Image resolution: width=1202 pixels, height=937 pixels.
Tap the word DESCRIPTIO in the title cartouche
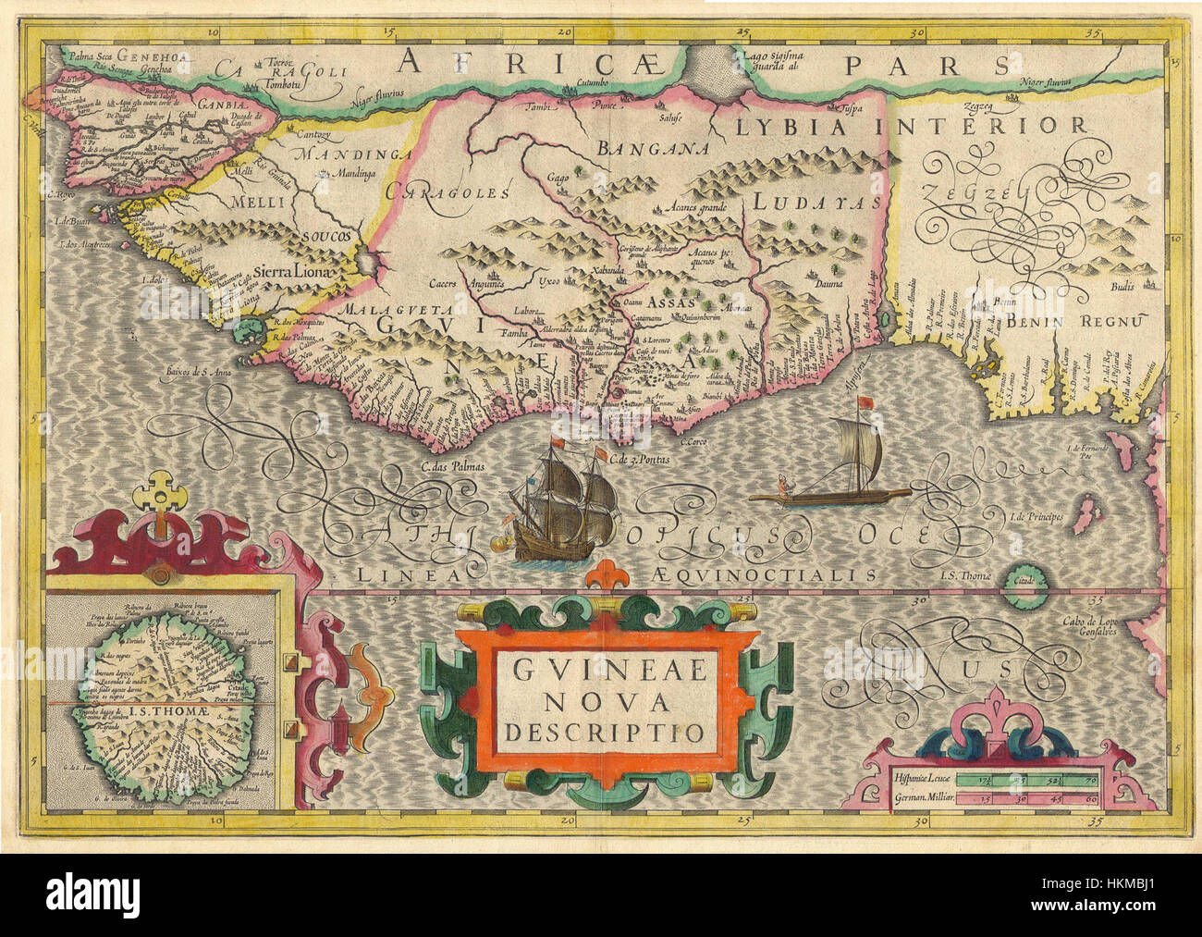(602, 731)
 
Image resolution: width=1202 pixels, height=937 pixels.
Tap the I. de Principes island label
(1036, 515)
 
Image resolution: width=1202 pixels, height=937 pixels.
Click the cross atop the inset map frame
(158, 490)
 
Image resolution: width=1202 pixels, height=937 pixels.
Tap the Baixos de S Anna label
(202, 373)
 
